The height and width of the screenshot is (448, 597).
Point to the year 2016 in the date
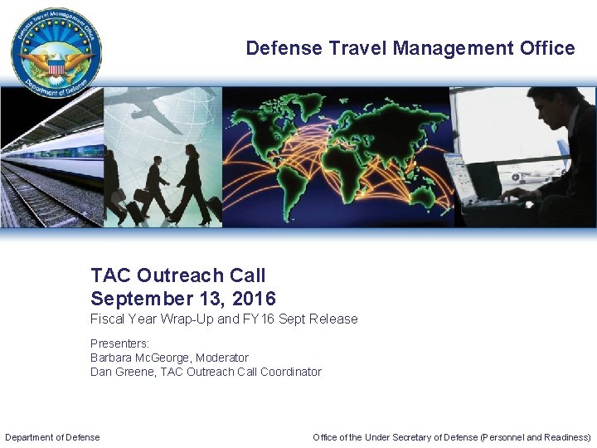coord(254,299)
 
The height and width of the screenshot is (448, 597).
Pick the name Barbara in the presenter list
coord(112,358)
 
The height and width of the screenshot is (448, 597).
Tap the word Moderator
coord(220,358)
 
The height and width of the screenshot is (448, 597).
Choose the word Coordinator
coord(290,372)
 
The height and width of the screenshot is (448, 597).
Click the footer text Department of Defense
coord(52,437)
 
